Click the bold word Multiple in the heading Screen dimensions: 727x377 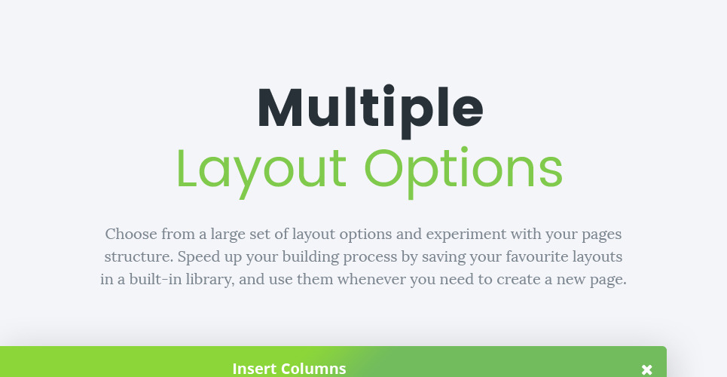click(x=370, y=109)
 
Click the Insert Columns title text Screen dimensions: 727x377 click(x=289, y=369)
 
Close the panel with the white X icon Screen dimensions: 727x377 click(x=647, y=369)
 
